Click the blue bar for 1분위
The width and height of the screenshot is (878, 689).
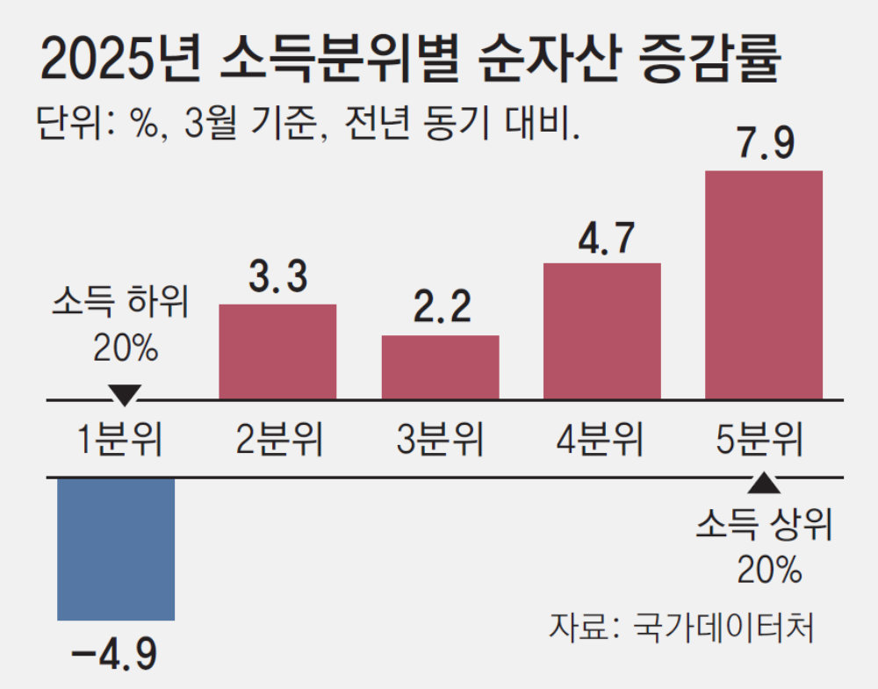116,549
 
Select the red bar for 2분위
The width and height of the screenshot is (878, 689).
277,351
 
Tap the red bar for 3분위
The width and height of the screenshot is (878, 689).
440,367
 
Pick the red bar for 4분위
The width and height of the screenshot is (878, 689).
602,331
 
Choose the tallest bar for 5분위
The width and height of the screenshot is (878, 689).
764,284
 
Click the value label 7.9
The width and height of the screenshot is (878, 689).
765,140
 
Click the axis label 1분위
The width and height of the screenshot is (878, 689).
118,438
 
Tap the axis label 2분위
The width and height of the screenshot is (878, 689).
279,438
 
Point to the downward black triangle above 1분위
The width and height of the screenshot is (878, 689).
124,394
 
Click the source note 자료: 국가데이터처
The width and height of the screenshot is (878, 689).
680,627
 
